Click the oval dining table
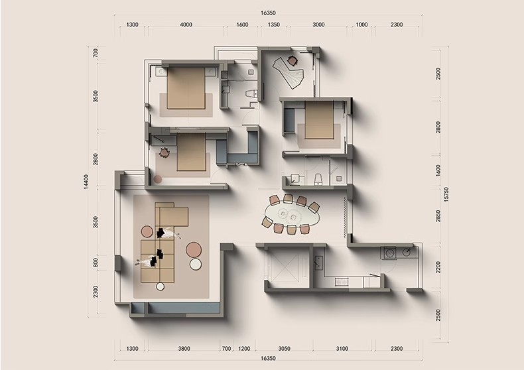coord(292,215)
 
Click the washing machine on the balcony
coord(389,253)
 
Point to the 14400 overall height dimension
coord(86,182)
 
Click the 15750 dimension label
coord(446,194)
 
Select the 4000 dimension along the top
coord(186,25)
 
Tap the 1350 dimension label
coord(274,25)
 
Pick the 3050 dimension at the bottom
coord(285,349)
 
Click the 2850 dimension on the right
coord(438,216)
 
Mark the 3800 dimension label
coord(184,349)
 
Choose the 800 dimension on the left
coord(96,263)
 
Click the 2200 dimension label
coord(438,267)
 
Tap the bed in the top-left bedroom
coord(186,88)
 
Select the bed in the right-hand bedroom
coord(320,120)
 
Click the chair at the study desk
coord(292,60)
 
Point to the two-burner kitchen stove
coord(341,282)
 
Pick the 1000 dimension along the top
coord(361,25)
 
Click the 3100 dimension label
coord(342,349)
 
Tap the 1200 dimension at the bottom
coord(244,349)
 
